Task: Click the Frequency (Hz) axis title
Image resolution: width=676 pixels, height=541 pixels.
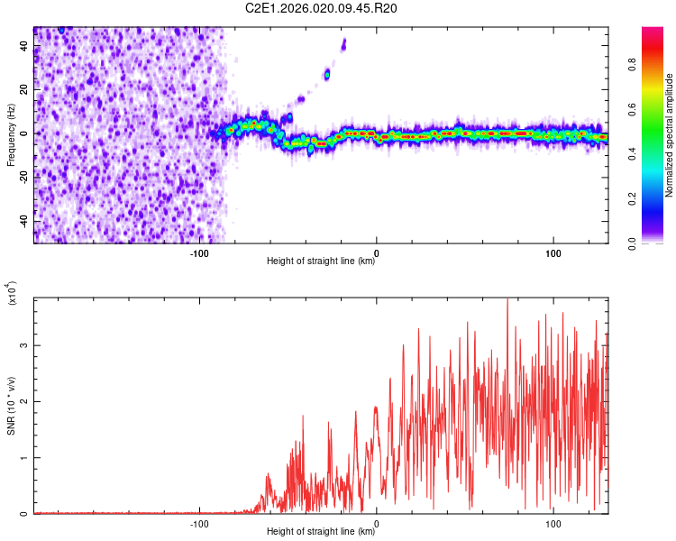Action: coord(11,135)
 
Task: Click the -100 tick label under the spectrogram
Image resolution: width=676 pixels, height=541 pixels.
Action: coord(199,252)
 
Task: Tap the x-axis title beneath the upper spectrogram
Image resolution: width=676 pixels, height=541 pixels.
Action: coord(321,261)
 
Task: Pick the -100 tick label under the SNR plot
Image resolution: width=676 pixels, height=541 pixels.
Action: coord(199,523)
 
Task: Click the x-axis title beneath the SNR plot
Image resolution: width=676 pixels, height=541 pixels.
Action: coord(321,532)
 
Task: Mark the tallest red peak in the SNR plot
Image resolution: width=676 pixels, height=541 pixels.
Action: coord(507,300)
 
